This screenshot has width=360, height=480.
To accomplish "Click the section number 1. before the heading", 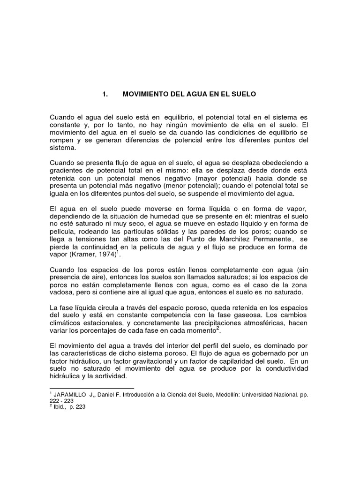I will [105, 94].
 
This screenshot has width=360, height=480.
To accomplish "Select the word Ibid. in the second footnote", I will [60, 407].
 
